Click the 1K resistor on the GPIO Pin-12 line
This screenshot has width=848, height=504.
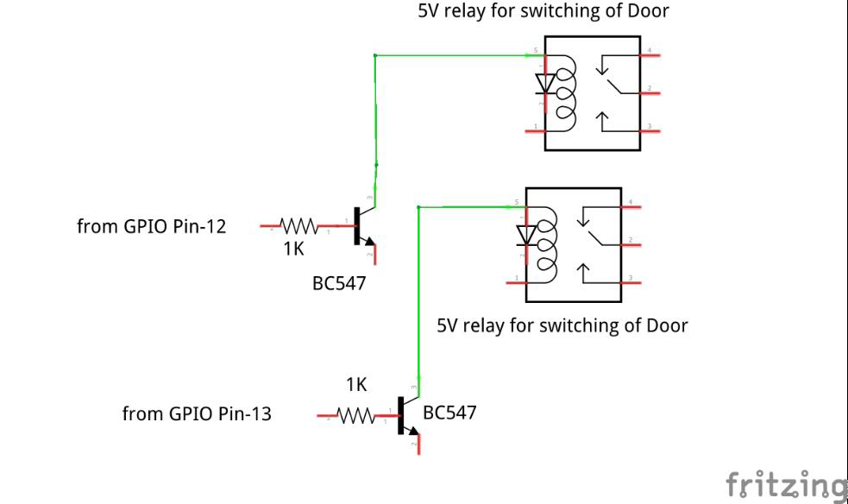click(x=298, y=227)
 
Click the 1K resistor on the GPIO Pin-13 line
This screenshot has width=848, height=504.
click(x=356, y=417)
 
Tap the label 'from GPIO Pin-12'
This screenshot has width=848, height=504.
click(x=152, y=227)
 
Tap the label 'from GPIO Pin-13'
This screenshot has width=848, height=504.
click(x=197, y=414)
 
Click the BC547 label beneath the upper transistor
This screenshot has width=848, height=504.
click(x=339, y=283)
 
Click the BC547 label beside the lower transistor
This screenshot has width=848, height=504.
click(x=449, y=413)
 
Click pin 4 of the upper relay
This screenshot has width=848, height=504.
click(x=650, y=55)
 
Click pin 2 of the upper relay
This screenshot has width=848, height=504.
click(x=650, y=91)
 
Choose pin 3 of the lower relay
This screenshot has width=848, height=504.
click(x=632, y=280)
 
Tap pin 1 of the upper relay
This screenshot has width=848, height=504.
click(x=535, y=129)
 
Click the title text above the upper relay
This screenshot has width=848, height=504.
click(x=543, y=11)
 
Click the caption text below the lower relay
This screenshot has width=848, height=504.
click(x=562, y=325)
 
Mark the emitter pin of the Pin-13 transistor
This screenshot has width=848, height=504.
click(x=417, y=444)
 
